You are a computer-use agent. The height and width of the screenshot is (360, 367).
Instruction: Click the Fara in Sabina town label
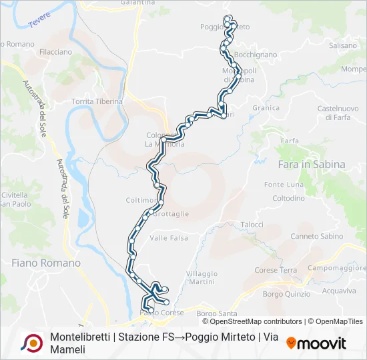(x=310, y=164)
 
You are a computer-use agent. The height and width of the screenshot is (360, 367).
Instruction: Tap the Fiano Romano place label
(x=46, y=263)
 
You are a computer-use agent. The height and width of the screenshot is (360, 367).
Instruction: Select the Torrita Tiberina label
(x=97, y=101)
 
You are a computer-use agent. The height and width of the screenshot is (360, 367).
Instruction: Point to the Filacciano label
(x=55, y=51)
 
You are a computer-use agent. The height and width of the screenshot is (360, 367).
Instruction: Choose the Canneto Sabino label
(x=317, y=237)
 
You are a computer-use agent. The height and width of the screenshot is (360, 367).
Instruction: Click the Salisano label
(x=343, y=45)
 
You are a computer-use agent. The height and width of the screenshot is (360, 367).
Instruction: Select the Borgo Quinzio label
(x=287, y=293)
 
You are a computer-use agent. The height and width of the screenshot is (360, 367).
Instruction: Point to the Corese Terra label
(x=276, y=270)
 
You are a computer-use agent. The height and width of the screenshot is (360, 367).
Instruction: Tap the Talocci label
(x=252, y=225)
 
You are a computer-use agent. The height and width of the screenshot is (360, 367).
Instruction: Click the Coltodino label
(x=288, y=199)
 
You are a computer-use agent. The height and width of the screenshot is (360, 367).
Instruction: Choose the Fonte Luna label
(x=284, y=185)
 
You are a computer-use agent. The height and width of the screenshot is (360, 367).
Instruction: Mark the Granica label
(x=266, y=107)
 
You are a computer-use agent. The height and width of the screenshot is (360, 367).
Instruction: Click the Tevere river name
(x=40, y=20)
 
